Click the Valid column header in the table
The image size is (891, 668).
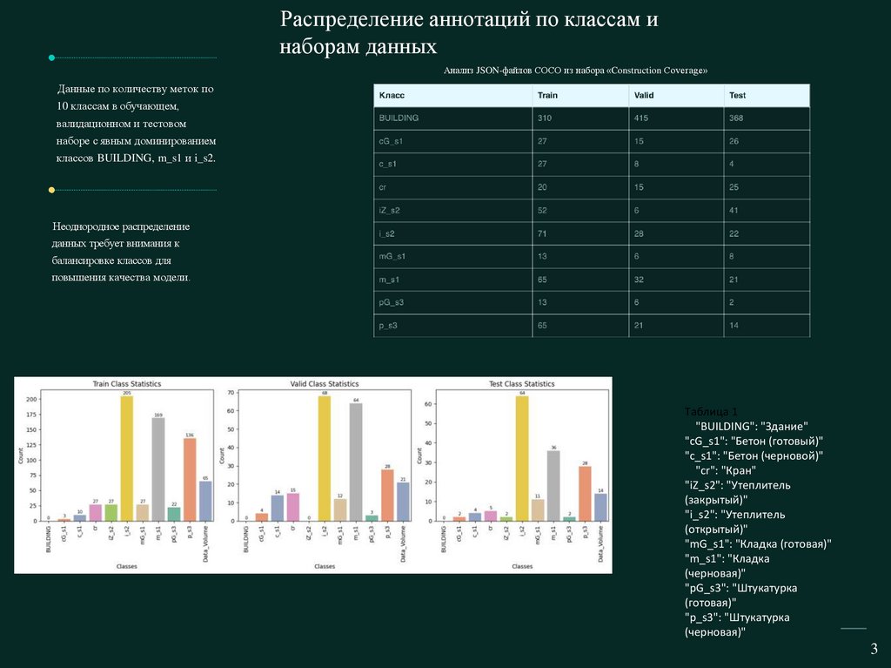click(644, 95)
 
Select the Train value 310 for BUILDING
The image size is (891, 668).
click(546, 118)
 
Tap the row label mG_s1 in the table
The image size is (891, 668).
click(392, 256)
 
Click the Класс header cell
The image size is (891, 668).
click(392, 95)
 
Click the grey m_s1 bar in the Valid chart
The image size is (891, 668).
click(357, 462)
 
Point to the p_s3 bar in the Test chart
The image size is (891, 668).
click(585, 493)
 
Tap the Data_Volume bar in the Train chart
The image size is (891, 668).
click(205, 501)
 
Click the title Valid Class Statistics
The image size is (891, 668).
click(324, 384)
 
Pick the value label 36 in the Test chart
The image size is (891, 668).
click(553, 447)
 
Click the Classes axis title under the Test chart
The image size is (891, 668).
click(522, 566)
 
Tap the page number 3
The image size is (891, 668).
click(874, 649)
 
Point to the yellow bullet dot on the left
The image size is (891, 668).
click(51, 189)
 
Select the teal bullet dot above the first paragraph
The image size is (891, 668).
click(51, 57)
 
